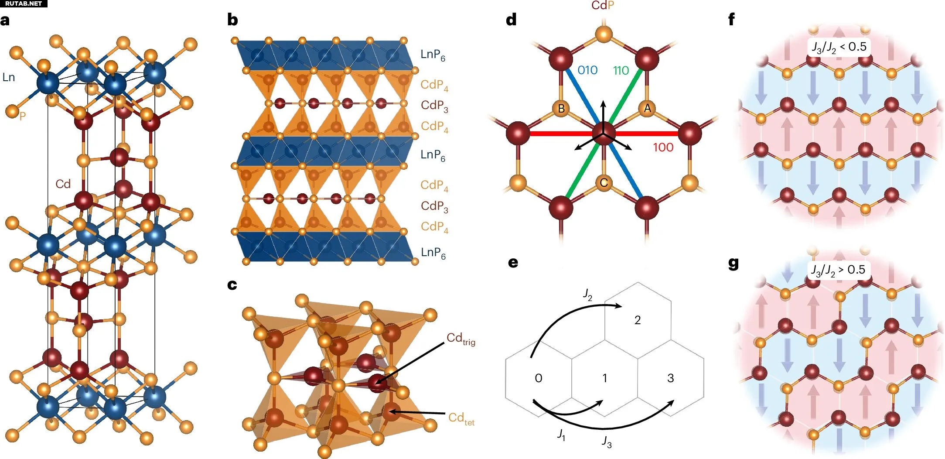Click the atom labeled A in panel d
[x=647, y=108]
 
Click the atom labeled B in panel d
[x=561, y=108]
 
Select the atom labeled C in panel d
[x=604, y=183]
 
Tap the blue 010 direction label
[x=587, y=70]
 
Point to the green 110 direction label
[x=621, y=70]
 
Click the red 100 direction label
[x=663, y=147]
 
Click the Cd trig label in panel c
[x=461, y=339]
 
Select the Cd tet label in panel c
[x=461, y=418]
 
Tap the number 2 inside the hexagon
[x=637, y=320]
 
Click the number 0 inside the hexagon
[x=539, y=378]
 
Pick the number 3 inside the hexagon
[x=670, y=378]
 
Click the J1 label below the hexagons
[x=561, y=435]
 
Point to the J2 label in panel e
[x=587, y=295]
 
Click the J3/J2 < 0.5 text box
[x=839, y=47]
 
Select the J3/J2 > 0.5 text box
[x=838, y=270]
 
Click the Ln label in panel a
[x=9, y=77]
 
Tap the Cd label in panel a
[x=63, y=184]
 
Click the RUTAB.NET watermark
[x=24, y=3]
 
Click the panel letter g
[x=733, y=264]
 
